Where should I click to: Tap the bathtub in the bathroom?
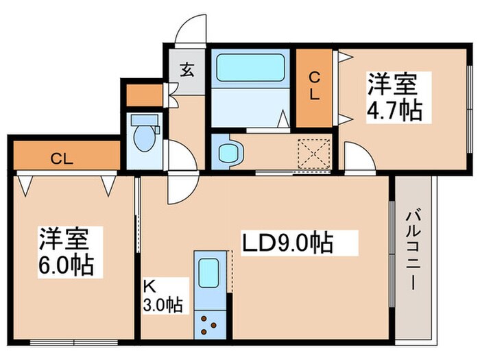click(250, 68)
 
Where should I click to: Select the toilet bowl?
click(144, 138)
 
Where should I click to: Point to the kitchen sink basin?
click(208, 272)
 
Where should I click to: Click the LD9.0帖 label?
click(287, 243)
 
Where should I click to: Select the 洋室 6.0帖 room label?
click(66, 252)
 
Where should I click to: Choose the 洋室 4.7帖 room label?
click(394, 97)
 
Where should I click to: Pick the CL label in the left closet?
click(62, 159)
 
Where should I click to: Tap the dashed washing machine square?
click(314, 153)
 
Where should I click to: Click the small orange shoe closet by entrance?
click(145, 95)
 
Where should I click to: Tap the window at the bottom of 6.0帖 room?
click(74, 342)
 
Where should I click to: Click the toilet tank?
click(145, 120)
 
